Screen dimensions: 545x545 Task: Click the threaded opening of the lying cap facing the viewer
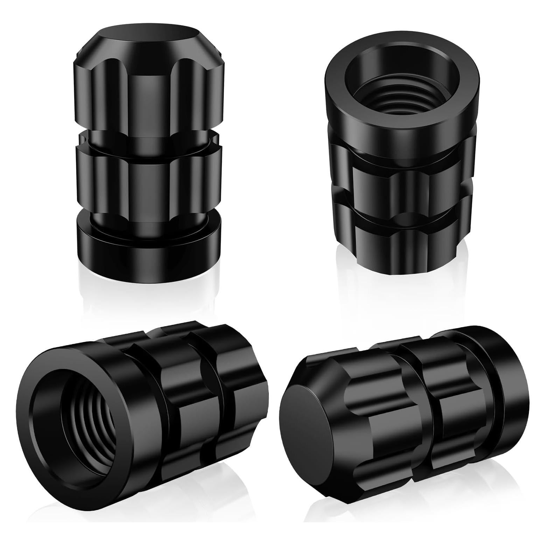88,431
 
